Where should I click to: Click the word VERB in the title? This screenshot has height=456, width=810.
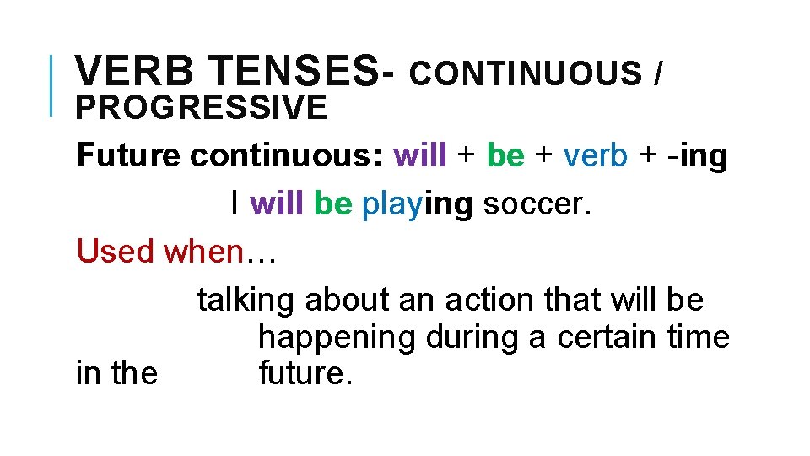tap(131, 72)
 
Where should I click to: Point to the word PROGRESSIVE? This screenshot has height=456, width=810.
tap(201, 108)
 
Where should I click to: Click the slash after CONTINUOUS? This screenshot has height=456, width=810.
tap(658, 74)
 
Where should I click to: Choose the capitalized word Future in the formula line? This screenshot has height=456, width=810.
tap(128, 156)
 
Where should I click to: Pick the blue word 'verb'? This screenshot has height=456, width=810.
tap(596, 156)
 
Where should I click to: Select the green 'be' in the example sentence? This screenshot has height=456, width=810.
tap(332, 204)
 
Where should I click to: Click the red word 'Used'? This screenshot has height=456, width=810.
tap(116, 251)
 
